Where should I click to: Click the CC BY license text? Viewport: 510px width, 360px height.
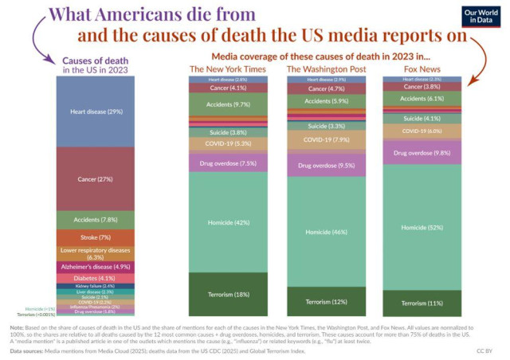(484, 350)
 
